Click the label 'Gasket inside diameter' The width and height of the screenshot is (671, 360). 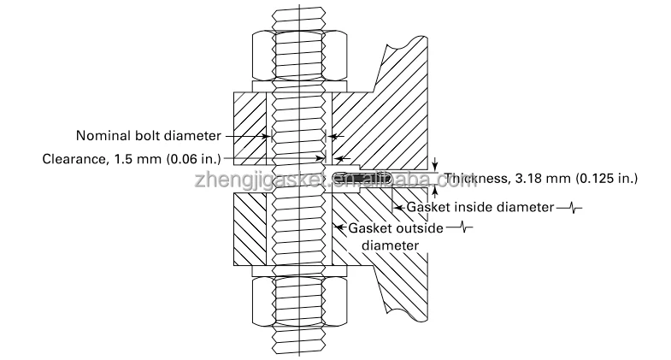(x=480, y=207)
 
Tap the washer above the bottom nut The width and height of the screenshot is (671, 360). (x=299, y=272)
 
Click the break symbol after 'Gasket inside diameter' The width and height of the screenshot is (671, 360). (x=569, y=208)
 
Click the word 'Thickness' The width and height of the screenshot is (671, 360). (x=469, y=179)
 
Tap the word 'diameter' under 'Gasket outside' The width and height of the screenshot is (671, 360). (x=391, y=245)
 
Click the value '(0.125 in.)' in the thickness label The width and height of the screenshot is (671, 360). (x=607, y=179)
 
